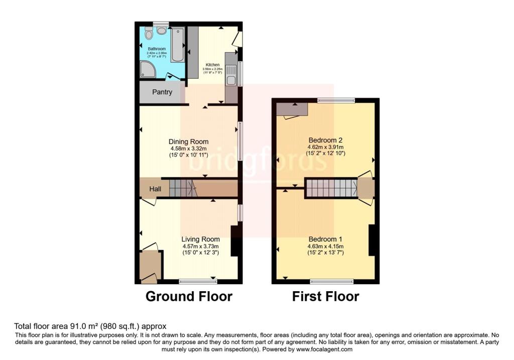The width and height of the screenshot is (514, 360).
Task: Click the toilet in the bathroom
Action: [148, 34]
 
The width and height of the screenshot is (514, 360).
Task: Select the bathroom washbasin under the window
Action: [161, 31]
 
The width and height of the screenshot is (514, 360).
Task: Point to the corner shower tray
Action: [148, 70]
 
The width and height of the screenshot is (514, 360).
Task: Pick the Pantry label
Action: [162, 92]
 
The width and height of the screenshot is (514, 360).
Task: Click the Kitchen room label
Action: [211, 65]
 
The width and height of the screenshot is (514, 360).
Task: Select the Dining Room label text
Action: [188, 142]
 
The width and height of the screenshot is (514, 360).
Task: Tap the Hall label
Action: [155, 189]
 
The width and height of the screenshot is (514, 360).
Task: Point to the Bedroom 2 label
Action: [325, 140]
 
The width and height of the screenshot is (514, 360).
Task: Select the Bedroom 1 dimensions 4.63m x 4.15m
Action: [325, 246]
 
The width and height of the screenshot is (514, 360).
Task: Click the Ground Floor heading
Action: [189, 296]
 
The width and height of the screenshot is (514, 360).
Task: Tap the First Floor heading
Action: [325, 296]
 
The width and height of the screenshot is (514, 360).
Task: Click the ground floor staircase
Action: [181, 188]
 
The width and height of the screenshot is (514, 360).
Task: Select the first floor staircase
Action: [331, 188]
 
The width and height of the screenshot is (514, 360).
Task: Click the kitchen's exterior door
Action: [240, 39]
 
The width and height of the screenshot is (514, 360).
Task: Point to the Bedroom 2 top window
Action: [336, 101]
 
